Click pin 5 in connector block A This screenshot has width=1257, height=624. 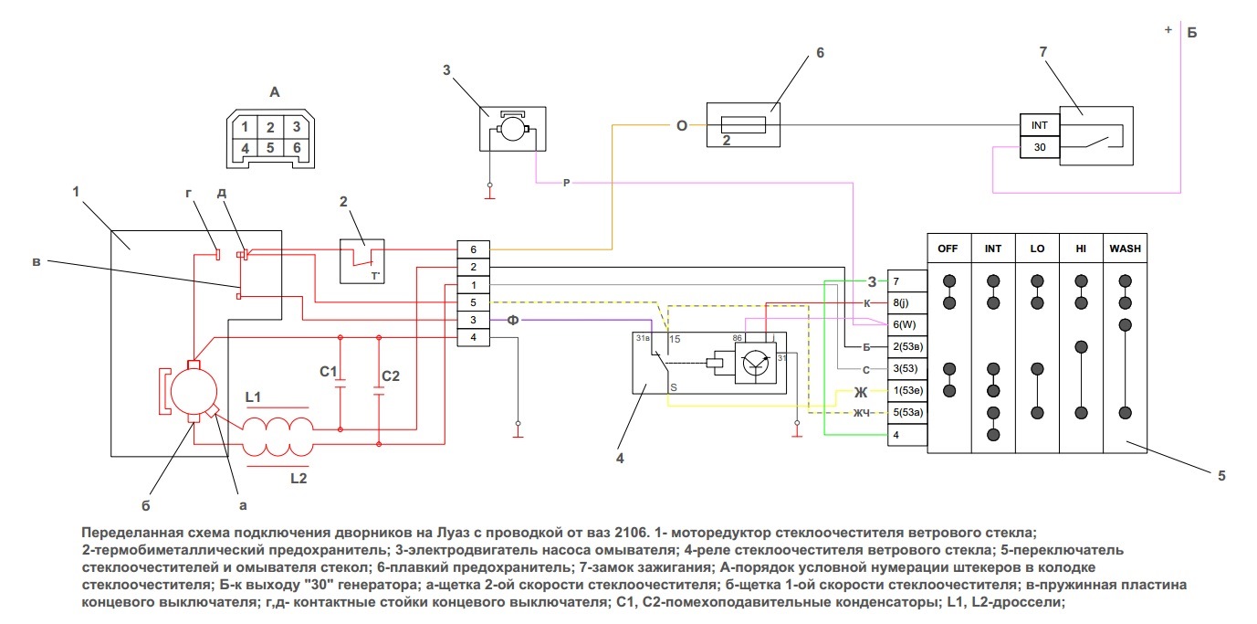271,146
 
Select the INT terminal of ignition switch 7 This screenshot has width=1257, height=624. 1039,124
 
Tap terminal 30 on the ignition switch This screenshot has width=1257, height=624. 1039,146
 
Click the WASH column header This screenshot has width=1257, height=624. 1125,249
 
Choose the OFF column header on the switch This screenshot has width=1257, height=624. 949,249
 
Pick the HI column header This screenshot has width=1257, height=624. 1081,249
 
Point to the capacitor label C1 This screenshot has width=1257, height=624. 329,372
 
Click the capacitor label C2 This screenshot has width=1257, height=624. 391,375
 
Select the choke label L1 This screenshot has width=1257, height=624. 253,397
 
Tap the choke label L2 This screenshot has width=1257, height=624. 299,477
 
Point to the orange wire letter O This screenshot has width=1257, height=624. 681,126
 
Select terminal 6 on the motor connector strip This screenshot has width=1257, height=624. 473,249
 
